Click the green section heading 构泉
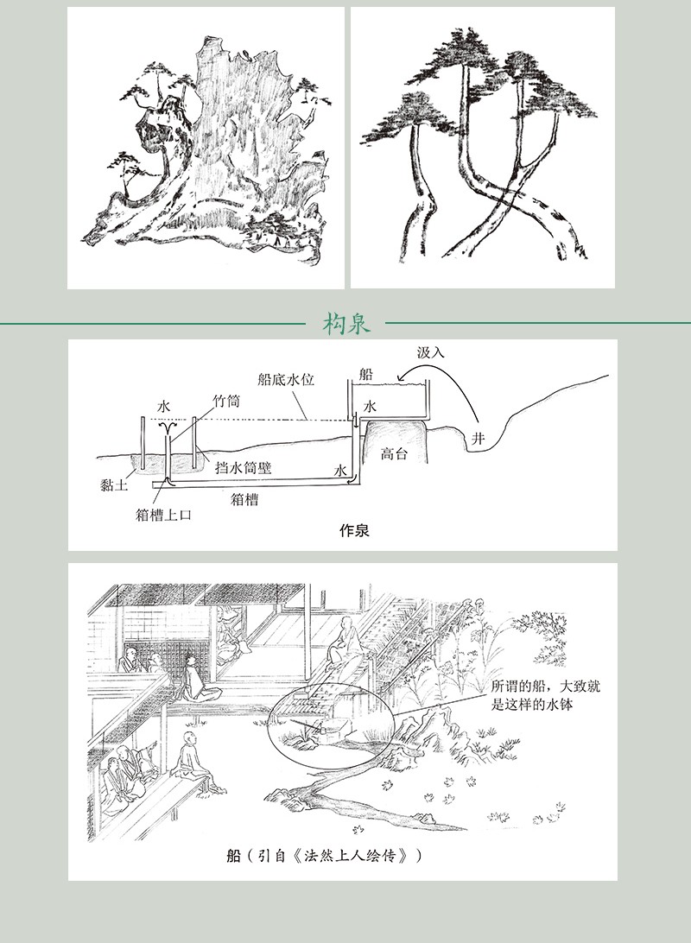(345, 324)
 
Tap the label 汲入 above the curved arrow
(431, 352)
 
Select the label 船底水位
(286, 379)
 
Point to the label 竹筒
(226, 401)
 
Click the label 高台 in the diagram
(394, 453)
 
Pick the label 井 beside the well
(479, 439)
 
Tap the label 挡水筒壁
(244, 468)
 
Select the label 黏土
(114, 484)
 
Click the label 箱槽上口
(163, 515)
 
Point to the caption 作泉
(354, 530)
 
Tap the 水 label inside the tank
(370, 407)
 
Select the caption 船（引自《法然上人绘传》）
(324, 855)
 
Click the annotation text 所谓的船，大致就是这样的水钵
(546, 694)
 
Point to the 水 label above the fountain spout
(163, 407)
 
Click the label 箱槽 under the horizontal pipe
(244, 499)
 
